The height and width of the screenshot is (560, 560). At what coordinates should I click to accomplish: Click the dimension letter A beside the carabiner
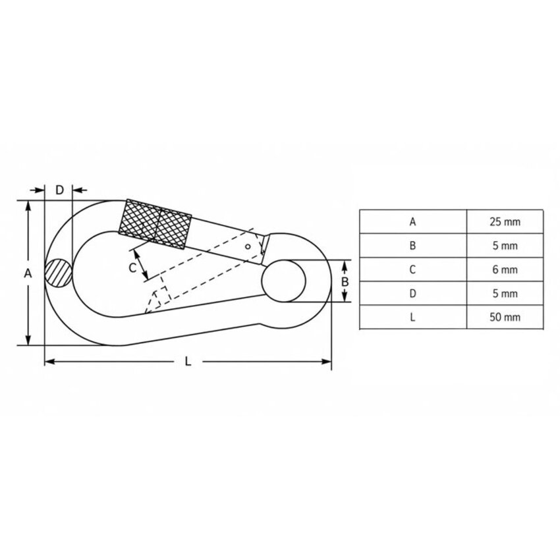(28, 273)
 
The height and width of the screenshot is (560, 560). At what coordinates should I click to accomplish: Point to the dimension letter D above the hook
(59, 190)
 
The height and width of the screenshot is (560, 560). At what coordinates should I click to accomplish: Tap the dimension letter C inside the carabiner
(132, 267)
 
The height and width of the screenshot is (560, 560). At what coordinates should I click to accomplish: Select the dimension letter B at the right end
(345, 282)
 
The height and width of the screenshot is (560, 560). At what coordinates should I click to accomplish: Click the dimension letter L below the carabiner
(188, 362)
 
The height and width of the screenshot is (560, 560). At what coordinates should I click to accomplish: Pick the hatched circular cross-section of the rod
(58, 273)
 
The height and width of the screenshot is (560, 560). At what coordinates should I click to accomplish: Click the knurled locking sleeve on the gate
(155, 224)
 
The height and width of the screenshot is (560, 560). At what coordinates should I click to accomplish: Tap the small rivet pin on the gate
(248, 246)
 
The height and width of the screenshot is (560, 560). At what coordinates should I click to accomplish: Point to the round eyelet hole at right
(283, 281)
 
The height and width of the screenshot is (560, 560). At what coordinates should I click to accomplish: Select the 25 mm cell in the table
(505, 222)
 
